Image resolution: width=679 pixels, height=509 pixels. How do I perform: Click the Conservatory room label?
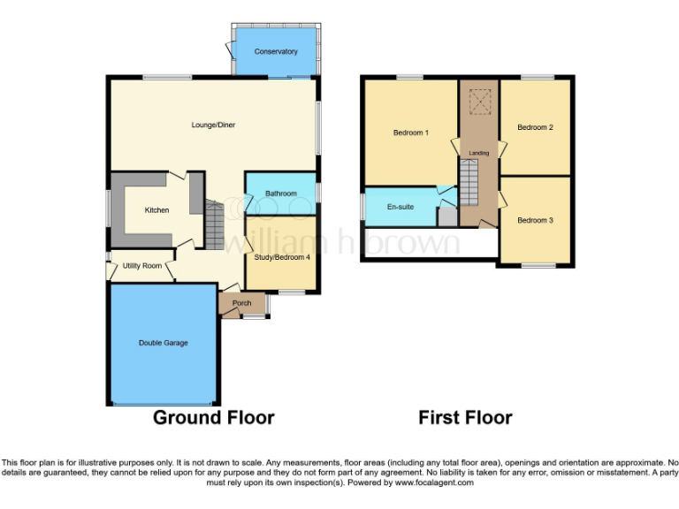[276, 52]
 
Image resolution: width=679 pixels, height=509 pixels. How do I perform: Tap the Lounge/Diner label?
[213, 125]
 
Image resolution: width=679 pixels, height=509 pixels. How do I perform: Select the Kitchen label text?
[157, 210]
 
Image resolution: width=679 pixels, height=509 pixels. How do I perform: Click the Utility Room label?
[141, 265]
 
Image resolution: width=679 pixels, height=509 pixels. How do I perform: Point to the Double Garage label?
[163, 342]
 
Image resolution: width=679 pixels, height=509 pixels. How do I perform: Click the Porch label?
[241, 304]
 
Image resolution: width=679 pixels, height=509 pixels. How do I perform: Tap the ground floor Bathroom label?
[280, 194]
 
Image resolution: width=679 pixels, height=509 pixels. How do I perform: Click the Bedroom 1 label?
[411, 133]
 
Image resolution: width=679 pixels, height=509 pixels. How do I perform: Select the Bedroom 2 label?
[535, 127]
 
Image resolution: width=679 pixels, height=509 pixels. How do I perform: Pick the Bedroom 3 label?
[535, 220]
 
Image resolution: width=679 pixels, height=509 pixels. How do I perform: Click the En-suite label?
[400, 207]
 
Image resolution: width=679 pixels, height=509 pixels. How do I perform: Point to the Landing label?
[478, 153]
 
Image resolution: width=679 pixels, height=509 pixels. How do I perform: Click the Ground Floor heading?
[214, 417]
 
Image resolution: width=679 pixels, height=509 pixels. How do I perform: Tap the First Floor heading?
[465, 417]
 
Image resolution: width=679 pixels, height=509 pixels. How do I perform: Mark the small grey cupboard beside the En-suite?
[447, 216]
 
